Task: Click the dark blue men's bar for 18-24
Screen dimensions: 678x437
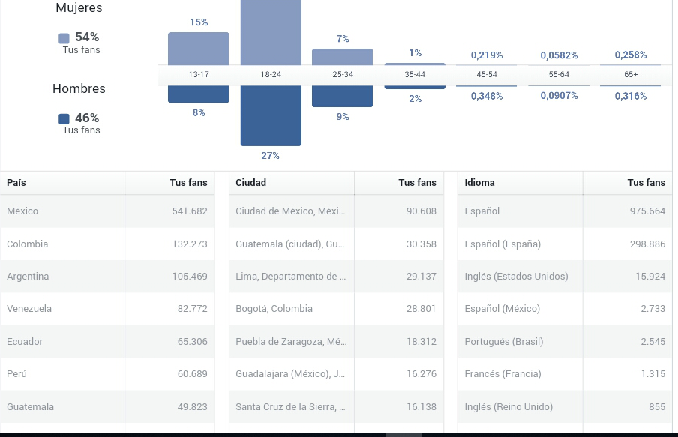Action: click(x=271, y=115)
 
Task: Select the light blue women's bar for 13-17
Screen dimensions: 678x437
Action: click(x=199, y=49)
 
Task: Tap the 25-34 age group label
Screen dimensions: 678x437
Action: click(x=343, y=74)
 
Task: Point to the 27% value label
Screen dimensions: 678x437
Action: click(x=270, y=156)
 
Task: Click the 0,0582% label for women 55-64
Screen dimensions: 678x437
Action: click(x=559, y=55)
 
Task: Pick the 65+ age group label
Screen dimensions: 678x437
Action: click(x=631, y=74)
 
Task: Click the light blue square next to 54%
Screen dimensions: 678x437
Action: click(x=64, y=38)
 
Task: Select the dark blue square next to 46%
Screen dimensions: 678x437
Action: click(x=64, y=119)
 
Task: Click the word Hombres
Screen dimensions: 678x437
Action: click(x=79, y=88)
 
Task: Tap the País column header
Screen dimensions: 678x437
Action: click(x=16, y=182)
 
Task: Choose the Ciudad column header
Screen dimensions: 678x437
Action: click(x=250, y=182)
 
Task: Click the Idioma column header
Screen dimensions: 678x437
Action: click(x=479, y=182)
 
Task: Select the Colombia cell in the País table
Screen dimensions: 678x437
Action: click(x=27, y=244)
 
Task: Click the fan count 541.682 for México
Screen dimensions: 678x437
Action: click(x=190, y=211)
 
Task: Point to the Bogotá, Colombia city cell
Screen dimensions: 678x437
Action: click(x=274, y=309)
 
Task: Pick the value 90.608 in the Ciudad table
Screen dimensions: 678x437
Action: click(x=421, y=211)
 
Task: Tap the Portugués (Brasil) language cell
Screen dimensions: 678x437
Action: click(x=504, y=342)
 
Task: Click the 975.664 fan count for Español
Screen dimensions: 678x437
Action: click(x=647, y=211)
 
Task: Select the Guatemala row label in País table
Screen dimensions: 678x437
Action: click(x=30, y=407)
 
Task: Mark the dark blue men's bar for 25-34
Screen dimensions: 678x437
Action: click(x=343, y=96)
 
